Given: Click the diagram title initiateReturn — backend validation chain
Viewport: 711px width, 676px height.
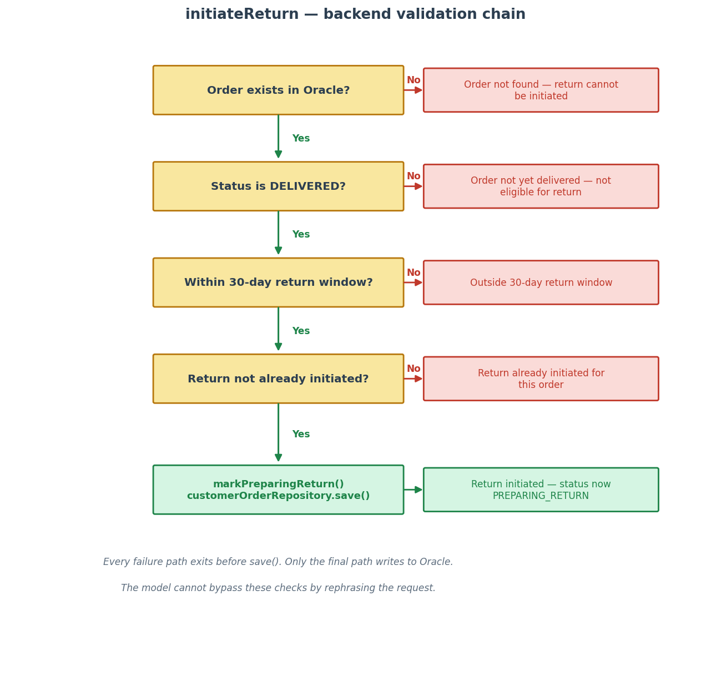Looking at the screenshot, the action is tap(355, 14).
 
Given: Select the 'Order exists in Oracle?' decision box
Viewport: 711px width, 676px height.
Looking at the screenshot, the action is tap(278, 90).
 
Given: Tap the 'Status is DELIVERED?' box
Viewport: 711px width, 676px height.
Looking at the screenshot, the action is tap(278, 186).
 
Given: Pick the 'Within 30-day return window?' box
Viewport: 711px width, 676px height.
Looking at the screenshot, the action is tap(278, 282).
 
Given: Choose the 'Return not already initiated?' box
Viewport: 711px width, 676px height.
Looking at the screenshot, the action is tap(278, 379).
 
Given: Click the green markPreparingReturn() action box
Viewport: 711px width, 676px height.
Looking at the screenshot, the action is tap(278, 490).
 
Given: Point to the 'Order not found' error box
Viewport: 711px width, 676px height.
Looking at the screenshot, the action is tap(541, 90).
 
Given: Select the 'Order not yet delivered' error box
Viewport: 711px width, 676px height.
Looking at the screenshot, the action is tap(541, 186).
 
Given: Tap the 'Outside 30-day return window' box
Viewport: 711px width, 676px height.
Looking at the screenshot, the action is tap(541, 282).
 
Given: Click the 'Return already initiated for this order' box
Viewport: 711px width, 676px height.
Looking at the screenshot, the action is tap(541, 379).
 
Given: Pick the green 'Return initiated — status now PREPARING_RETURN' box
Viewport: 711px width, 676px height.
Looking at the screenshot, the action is tap(541, 490).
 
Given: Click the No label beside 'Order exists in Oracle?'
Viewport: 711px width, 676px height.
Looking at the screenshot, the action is tap(414, 80).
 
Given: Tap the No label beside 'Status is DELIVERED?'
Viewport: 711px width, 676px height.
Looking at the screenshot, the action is tap(414, 176).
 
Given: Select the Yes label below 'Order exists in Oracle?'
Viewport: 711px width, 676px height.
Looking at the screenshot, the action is tap(301, 139).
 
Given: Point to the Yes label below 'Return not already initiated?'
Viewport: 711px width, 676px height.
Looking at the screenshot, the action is tap(301, 434).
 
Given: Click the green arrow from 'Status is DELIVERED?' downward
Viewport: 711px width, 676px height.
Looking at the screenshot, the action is tap(278, 233).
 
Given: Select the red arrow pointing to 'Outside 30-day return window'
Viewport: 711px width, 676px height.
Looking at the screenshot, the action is tap(413, 282).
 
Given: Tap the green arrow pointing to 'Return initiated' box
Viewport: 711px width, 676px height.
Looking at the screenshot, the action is tap(413, 490).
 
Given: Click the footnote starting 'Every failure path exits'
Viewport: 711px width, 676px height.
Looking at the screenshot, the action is tap(278, 562).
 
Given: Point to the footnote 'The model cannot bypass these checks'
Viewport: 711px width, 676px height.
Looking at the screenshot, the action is tap(278, 588).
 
